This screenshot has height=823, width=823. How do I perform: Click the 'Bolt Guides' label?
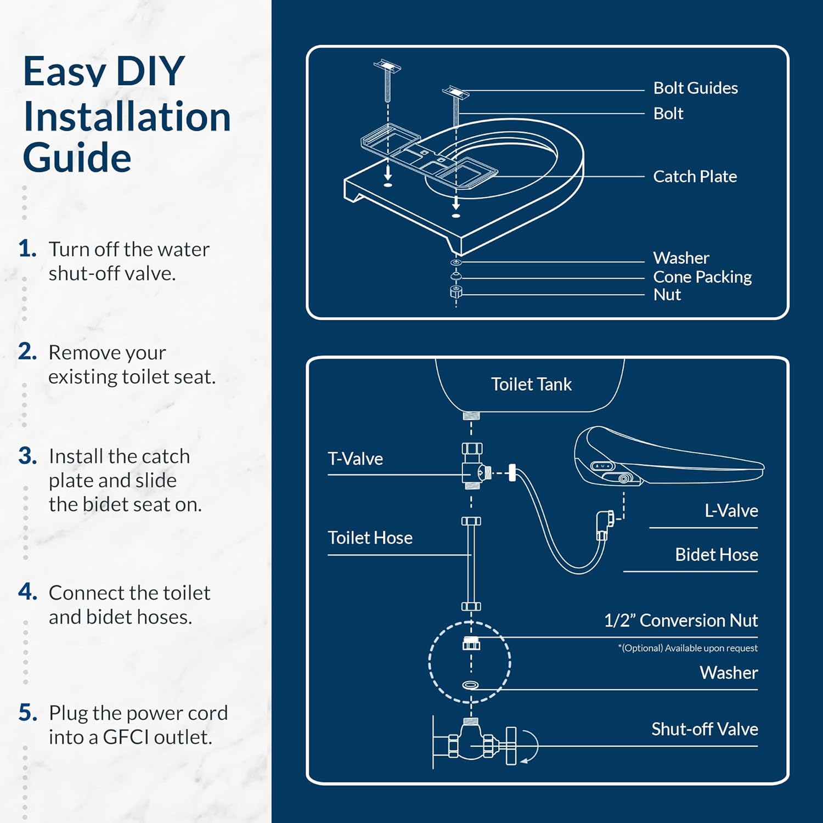point(695,88)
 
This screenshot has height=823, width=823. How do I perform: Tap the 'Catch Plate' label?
point(695,176)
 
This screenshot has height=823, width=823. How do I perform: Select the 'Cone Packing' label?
point(702,277)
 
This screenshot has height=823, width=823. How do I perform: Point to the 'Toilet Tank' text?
point(531,384)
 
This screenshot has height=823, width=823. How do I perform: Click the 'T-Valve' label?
point(355,458)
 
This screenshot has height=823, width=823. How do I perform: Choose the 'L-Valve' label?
point(731,510)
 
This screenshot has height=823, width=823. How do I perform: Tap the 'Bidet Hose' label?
point(716,554)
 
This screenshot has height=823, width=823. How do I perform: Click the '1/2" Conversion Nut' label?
point(680,620)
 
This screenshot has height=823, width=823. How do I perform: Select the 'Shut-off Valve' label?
point(704,729)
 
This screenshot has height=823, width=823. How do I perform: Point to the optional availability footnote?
point(687,648)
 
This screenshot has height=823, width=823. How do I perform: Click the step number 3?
point(27,456)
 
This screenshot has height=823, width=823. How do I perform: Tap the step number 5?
point(27,713)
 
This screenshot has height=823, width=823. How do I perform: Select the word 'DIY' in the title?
point(150,71)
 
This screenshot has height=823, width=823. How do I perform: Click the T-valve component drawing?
point(473,466)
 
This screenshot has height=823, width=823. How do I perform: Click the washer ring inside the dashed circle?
point(470,685)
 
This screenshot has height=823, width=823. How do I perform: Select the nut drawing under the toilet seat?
point(455,292)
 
